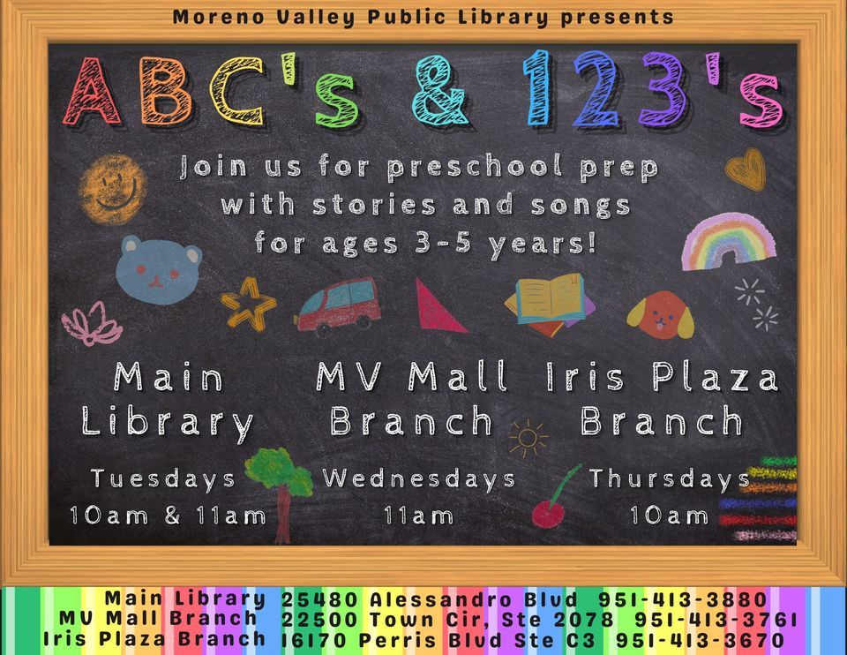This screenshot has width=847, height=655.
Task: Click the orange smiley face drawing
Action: pyautogui.click(x=112, y=184)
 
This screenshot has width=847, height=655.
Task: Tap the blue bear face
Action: pyautogui.click(x=159, y=268)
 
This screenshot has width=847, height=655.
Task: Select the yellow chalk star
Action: pyautogui.click(x=248, y=304)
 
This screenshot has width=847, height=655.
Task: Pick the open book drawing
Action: pyautogui.click(x=550, y=304)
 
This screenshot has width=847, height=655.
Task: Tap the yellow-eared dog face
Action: pyautogui.click(x=661, y=315)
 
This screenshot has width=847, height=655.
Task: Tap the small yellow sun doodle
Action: pyautogui.click(x=528, y=437)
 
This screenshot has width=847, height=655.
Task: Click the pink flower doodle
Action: pyautogui.click(x=92, y=324)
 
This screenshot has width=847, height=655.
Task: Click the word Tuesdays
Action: pyautogui.click(x=163, y=479)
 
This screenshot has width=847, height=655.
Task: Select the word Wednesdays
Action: pyautogui.click(x=418, y=479)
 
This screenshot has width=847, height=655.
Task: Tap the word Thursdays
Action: pyautogui.click(x=670, y=479)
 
